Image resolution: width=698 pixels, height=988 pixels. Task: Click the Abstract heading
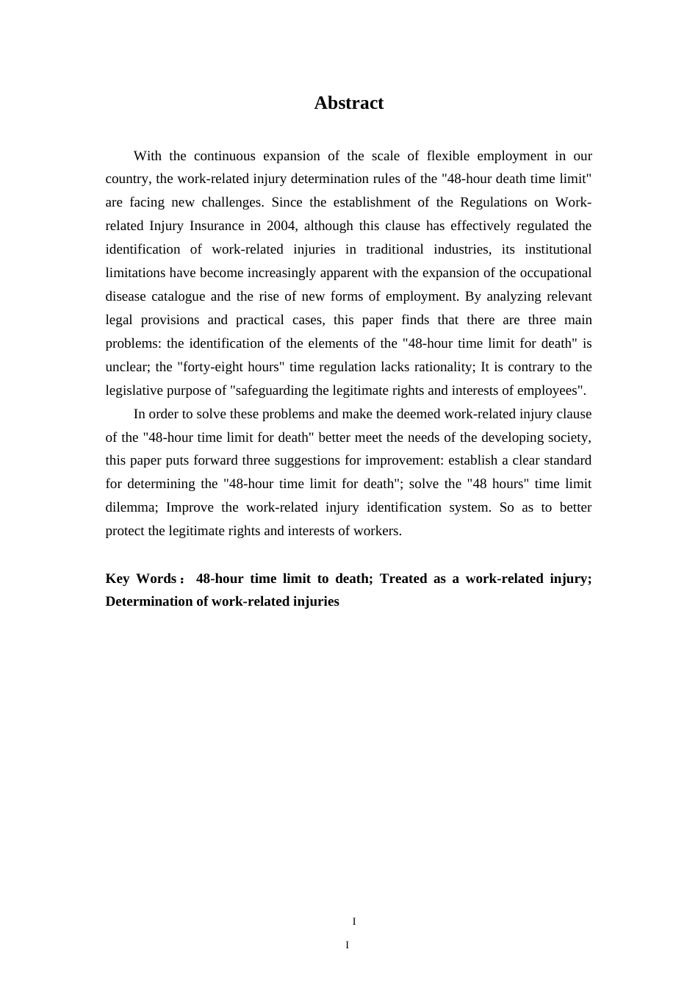pos(348,103)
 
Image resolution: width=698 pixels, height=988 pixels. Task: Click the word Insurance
pos(203,226)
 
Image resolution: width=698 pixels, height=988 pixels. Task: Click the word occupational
pos(556,273)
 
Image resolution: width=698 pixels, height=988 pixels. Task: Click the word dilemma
pos(132,507)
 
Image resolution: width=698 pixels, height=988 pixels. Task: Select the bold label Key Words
pos(140,579)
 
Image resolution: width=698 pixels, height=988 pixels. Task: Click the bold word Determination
pos(156,601)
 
